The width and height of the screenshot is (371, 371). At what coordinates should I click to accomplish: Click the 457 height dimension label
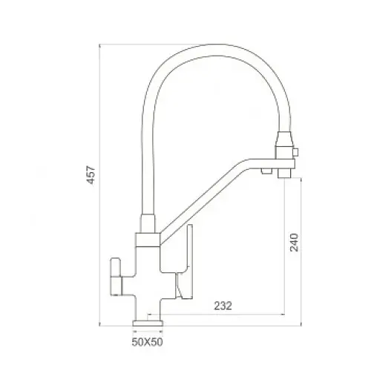point(91,175)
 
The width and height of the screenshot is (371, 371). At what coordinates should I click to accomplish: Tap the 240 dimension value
point(294,242)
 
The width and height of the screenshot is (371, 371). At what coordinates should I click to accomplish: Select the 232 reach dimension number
point(223,306)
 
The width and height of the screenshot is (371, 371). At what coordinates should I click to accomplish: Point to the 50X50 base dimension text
point(148,342)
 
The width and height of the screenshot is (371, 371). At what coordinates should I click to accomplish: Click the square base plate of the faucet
point(148,324)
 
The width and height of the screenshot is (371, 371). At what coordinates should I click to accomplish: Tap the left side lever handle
point(116,277)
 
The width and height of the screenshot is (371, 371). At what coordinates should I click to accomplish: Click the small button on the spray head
point(295,151)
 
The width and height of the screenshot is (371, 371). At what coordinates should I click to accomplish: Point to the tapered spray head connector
point(285,139)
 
